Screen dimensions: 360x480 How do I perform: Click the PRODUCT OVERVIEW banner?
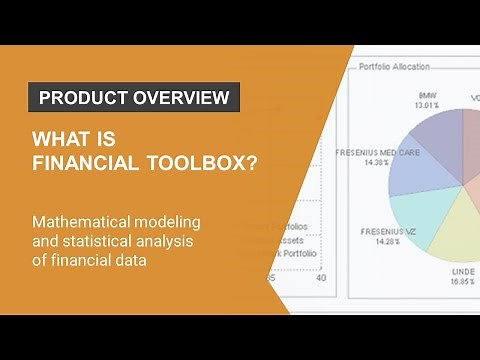pos(133,98)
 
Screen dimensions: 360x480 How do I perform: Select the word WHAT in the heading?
pos(59,138)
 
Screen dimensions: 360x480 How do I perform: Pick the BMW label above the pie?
pos(428,96)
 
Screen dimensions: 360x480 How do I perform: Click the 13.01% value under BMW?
pos(428,105)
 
